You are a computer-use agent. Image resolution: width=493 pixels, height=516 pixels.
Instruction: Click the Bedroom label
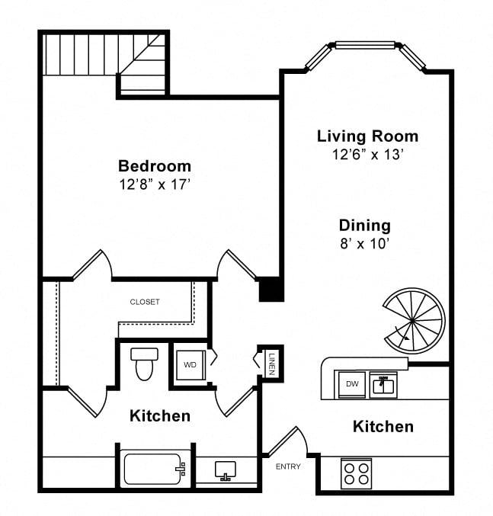(155, 166)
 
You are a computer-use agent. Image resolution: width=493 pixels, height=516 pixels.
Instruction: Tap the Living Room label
(367, 136)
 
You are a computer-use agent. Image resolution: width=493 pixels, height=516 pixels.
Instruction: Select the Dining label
(365, 226)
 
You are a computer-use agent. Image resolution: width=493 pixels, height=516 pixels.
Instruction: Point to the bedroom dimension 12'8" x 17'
(155, 184)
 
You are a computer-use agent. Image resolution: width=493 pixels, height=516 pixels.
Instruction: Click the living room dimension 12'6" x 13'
(367, 154)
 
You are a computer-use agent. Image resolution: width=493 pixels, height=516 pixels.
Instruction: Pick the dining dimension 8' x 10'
(365, 244)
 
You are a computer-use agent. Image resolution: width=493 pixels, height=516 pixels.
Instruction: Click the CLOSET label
(145, 302)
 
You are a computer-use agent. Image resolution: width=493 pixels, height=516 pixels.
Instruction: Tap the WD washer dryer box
(190, 364)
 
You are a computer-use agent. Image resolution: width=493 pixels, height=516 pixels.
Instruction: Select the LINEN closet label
(272, 364)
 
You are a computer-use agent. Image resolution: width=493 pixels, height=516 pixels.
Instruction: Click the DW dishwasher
(351, 384)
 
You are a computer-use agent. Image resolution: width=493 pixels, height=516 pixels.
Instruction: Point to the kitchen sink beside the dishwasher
(383, 385)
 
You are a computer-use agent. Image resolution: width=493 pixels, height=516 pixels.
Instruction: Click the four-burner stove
(356, 473)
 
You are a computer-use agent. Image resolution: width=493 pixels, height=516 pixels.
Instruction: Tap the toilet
(144, 364)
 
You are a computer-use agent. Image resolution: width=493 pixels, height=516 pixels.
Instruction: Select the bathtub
(155, 470)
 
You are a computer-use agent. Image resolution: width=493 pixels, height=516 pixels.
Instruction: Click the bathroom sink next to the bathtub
(226, 470)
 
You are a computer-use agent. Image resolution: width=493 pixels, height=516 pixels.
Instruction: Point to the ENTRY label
(288, 466)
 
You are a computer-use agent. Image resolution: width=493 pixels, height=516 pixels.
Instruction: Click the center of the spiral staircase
(413, 321)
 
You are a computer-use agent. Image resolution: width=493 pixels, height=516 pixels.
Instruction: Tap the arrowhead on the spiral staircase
(407, 338)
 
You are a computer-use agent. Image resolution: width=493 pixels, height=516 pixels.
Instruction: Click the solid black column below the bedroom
(271, 290)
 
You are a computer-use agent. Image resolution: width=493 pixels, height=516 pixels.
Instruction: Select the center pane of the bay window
(365, 45)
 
